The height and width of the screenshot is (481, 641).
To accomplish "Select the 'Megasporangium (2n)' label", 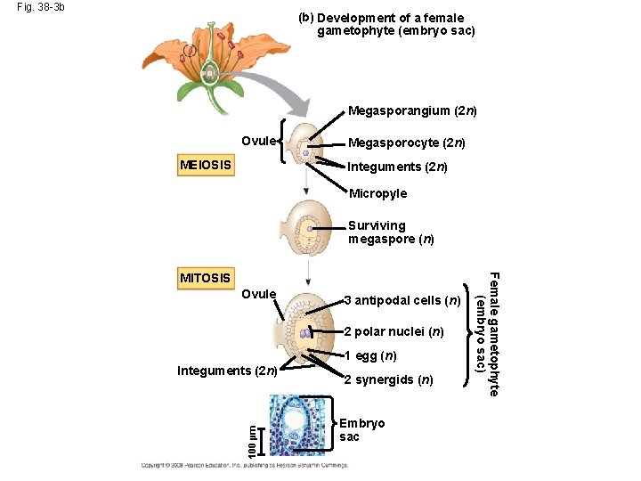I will pyautogui.click(x=412, y=111).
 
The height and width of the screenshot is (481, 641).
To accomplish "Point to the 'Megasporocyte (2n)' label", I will pyautogui.click(x=406, y=143).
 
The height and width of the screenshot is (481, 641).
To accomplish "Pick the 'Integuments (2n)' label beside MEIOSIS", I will pyautogui.click(x=396, y=167).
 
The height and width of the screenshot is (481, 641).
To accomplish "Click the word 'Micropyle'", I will pyautogui.click(x=377, y=193).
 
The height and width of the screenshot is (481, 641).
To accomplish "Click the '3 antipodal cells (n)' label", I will pyautogui.click(x=402, y=300).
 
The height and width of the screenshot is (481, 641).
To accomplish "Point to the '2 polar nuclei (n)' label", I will pyautogui.click(x=394, y=332).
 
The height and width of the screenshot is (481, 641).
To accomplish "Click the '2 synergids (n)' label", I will pyautogui.click(x=388, y=380).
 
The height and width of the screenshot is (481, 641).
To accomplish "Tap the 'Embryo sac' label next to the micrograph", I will pyautogui.click(x=361, y=430).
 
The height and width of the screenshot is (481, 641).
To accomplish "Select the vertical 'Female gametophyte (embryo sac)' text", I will pyautogui.click(x=488, y=334).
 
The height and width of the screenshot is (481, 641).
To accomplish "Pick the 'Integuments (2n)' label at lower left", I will pyautogui.click(x=228, y=371).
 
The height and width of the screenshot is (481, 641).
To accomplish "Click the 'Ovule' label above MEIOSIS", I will pyautogui.click(x=259, y=140).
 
